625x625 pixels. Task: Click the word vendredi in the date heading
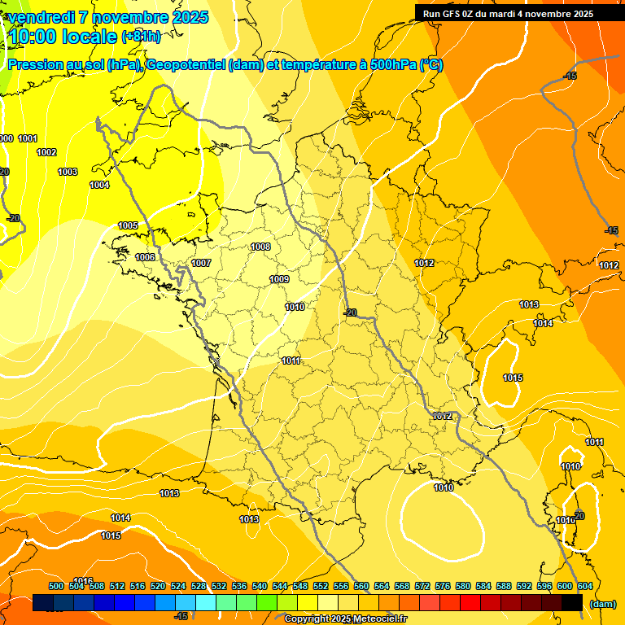click(41, 17)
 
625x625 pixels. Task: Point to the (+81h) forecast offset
click(141, 37)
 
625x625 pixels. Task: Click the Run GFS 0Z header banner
click(508, 13)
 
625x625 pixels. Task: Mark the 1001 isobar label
click(28, 138)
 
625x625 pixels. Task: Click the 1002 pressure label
click(46, 152)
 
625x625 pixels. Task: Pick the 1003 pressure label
click(68, 172)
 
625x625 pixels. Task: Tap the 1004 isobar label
click(99, 185)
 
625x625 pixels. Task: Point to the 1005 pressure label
click(128, 225)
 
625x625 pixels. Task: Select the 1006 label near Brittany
click(145, 257)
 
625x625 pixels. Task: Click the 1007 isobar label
click(201, 263)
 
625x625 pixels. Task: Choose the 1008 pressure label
click(260, 247)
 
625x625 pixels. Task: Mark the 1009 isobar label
click(279, 279)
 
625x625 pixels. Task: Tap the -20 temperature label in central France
click(350, 312)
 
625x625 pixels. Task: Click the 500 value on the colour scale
click(56, 586)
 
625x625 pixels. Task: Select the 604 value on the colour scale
click(584, 586)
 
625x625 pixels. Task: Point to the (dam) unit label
click(601, 604)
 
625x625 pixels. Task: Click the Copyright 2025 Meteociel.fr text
click(345, 618)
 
